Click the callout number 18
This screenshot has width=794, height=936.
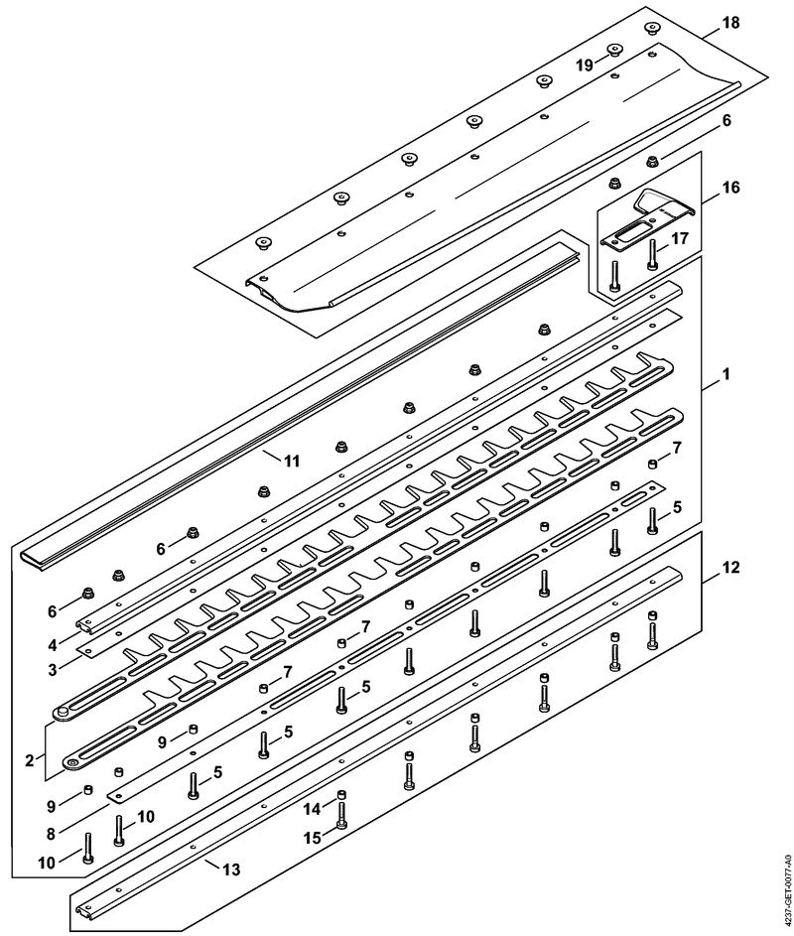click(x=730, y=23)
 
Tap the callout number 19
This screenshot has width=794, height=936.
click(x=585, y=66)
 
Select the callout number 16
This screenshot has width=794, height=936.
click(x=730, y=188)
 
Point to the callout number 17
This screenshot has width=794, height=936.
click(x=680, y=238)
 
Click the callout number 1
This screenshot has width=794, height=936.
click(x=726, y=374)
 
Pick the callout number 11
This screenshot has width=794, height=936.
click(x=292, y=461)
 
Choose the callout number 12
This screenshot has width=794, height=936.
click(x=730, y=567)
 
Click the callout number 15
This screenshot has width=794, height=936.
click(x=311, y=837)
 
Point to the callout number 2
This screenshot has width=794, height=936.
click(x=29, y=760)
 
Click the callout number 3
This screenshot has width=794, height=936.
click(x=53, y=670)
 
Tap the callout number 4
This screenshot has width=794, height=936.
click(x=53, y=645)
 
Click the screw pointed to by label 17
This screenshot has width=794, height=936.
click(x=652, y=254)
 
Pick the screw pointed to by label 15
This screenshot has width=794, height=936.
click(x=340, y=819)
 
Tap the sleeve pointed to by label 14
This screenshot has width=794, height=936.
click(x=341, y=794)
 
